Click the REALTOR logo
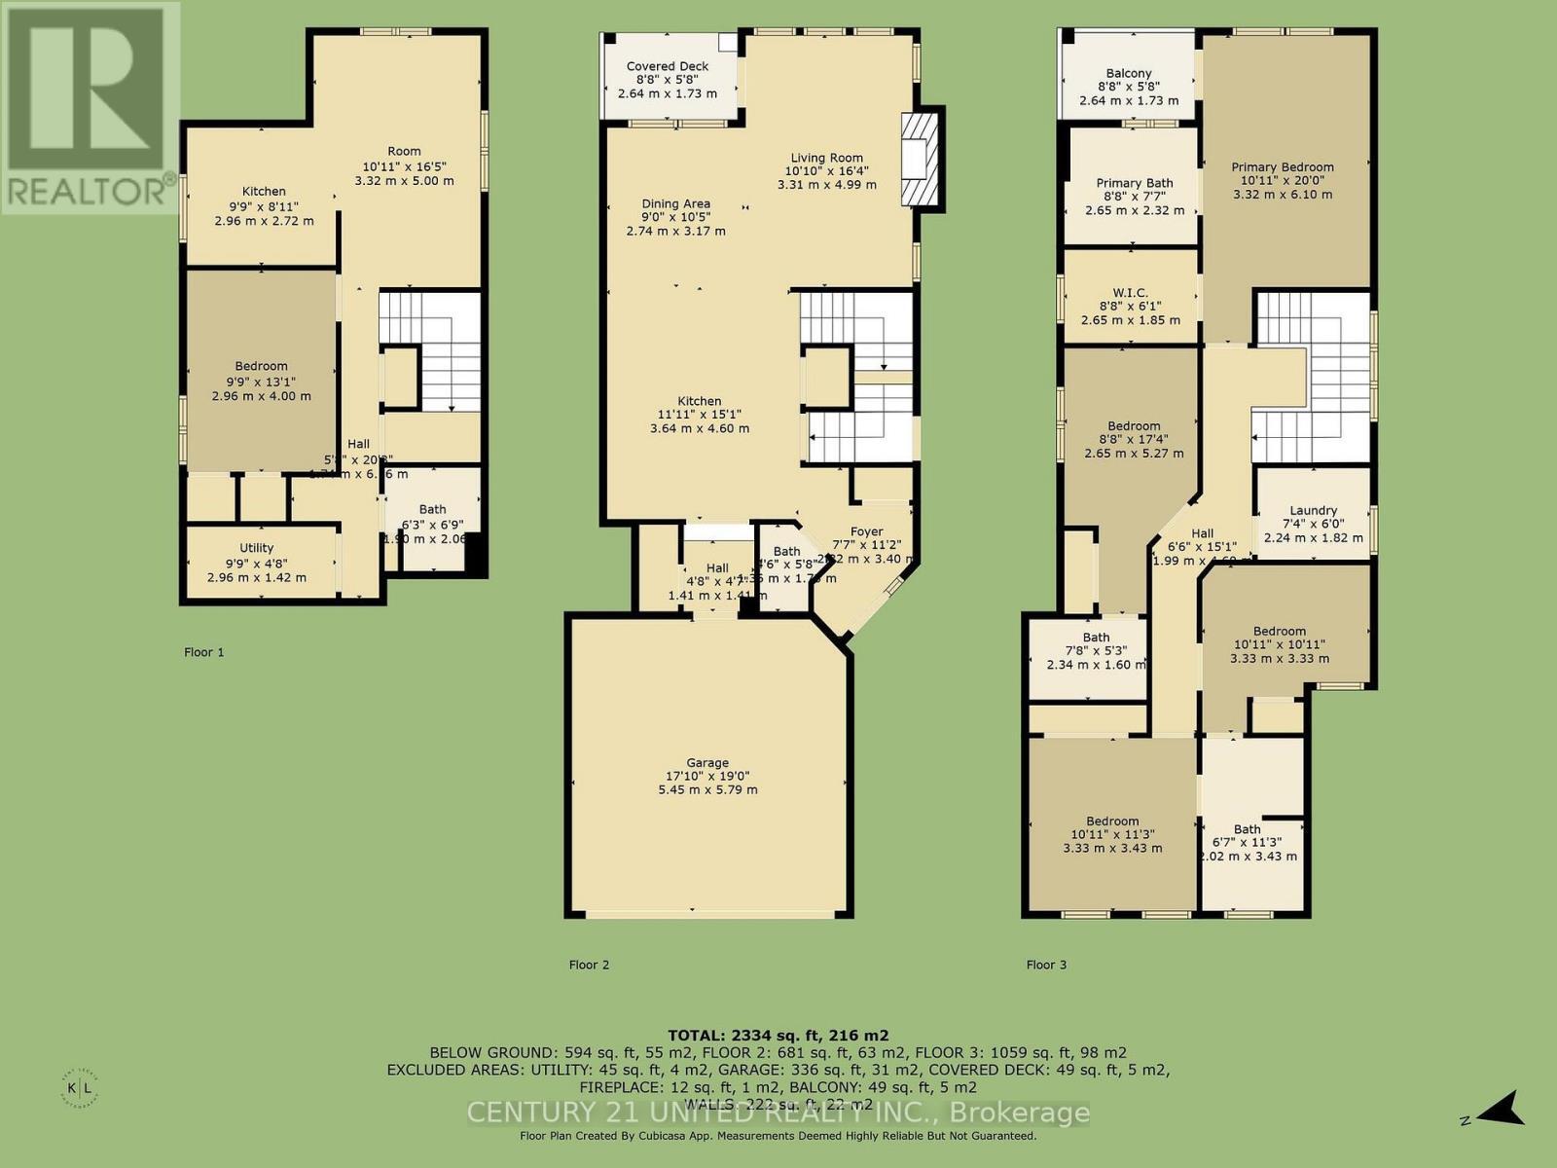90,106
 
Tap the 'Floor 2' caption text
589,965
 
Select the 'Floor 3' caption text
1046,965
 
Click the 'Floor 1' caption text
204,652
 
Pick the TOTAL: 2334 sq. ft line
778,1036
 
